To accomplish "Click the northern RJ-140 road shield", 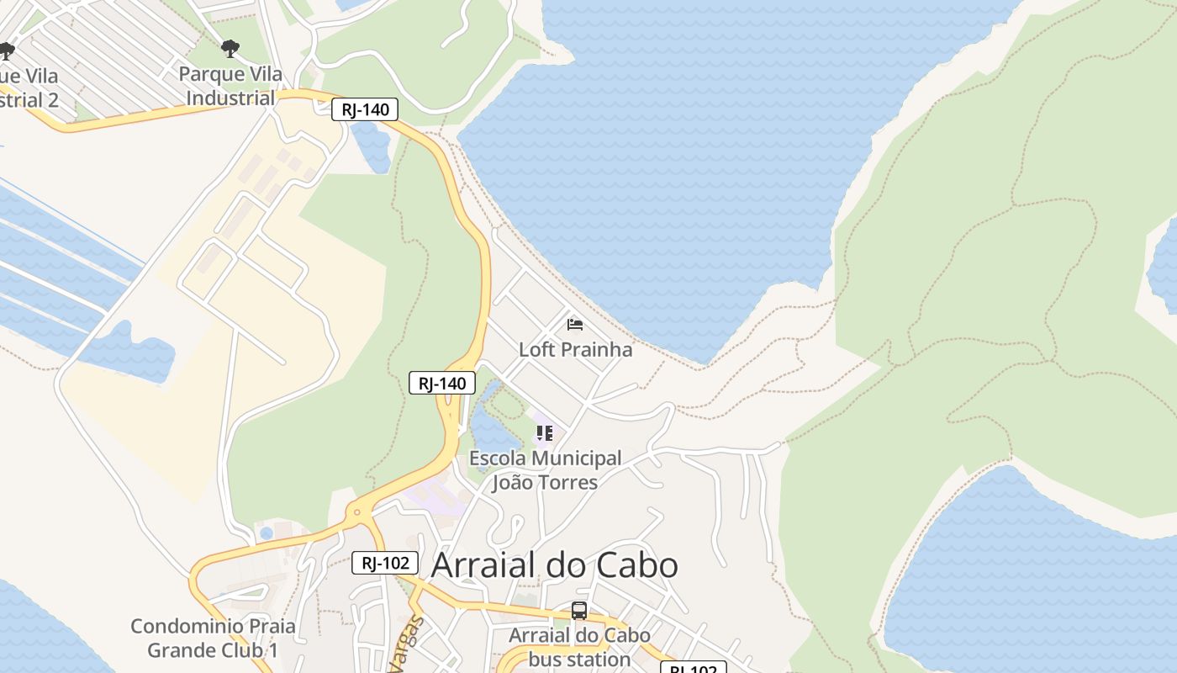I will (x=364, y=109).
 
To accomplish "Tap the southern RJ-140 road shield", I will (x=442, y=384).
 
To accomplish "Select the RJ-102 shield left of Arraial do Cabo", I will (x=384, y=563).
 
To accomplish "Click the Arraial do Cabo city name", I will (x=554, y=565).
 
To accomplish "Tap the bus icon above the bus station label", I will (x=579, y=611).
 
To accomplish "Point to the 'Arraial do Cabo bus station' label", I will (x=579, y=647).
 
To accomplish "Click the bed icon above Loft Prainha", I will (x=575, y=325).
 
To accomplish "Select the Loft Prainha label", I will (x=575, y=349).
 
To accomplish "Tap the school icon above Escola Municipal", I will (x=545, y=434).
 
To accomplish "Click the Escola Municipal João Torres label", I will (x=545, y=470).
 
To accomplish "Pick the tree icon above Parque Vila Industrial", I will (x=230, y=49).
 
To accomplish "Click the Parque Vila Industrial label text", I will (x=230, y=86).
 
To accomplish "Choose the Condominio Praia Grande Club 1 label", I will (x=213, y=638).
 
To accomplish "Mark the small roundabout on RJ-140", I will (x=357, y=511).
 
